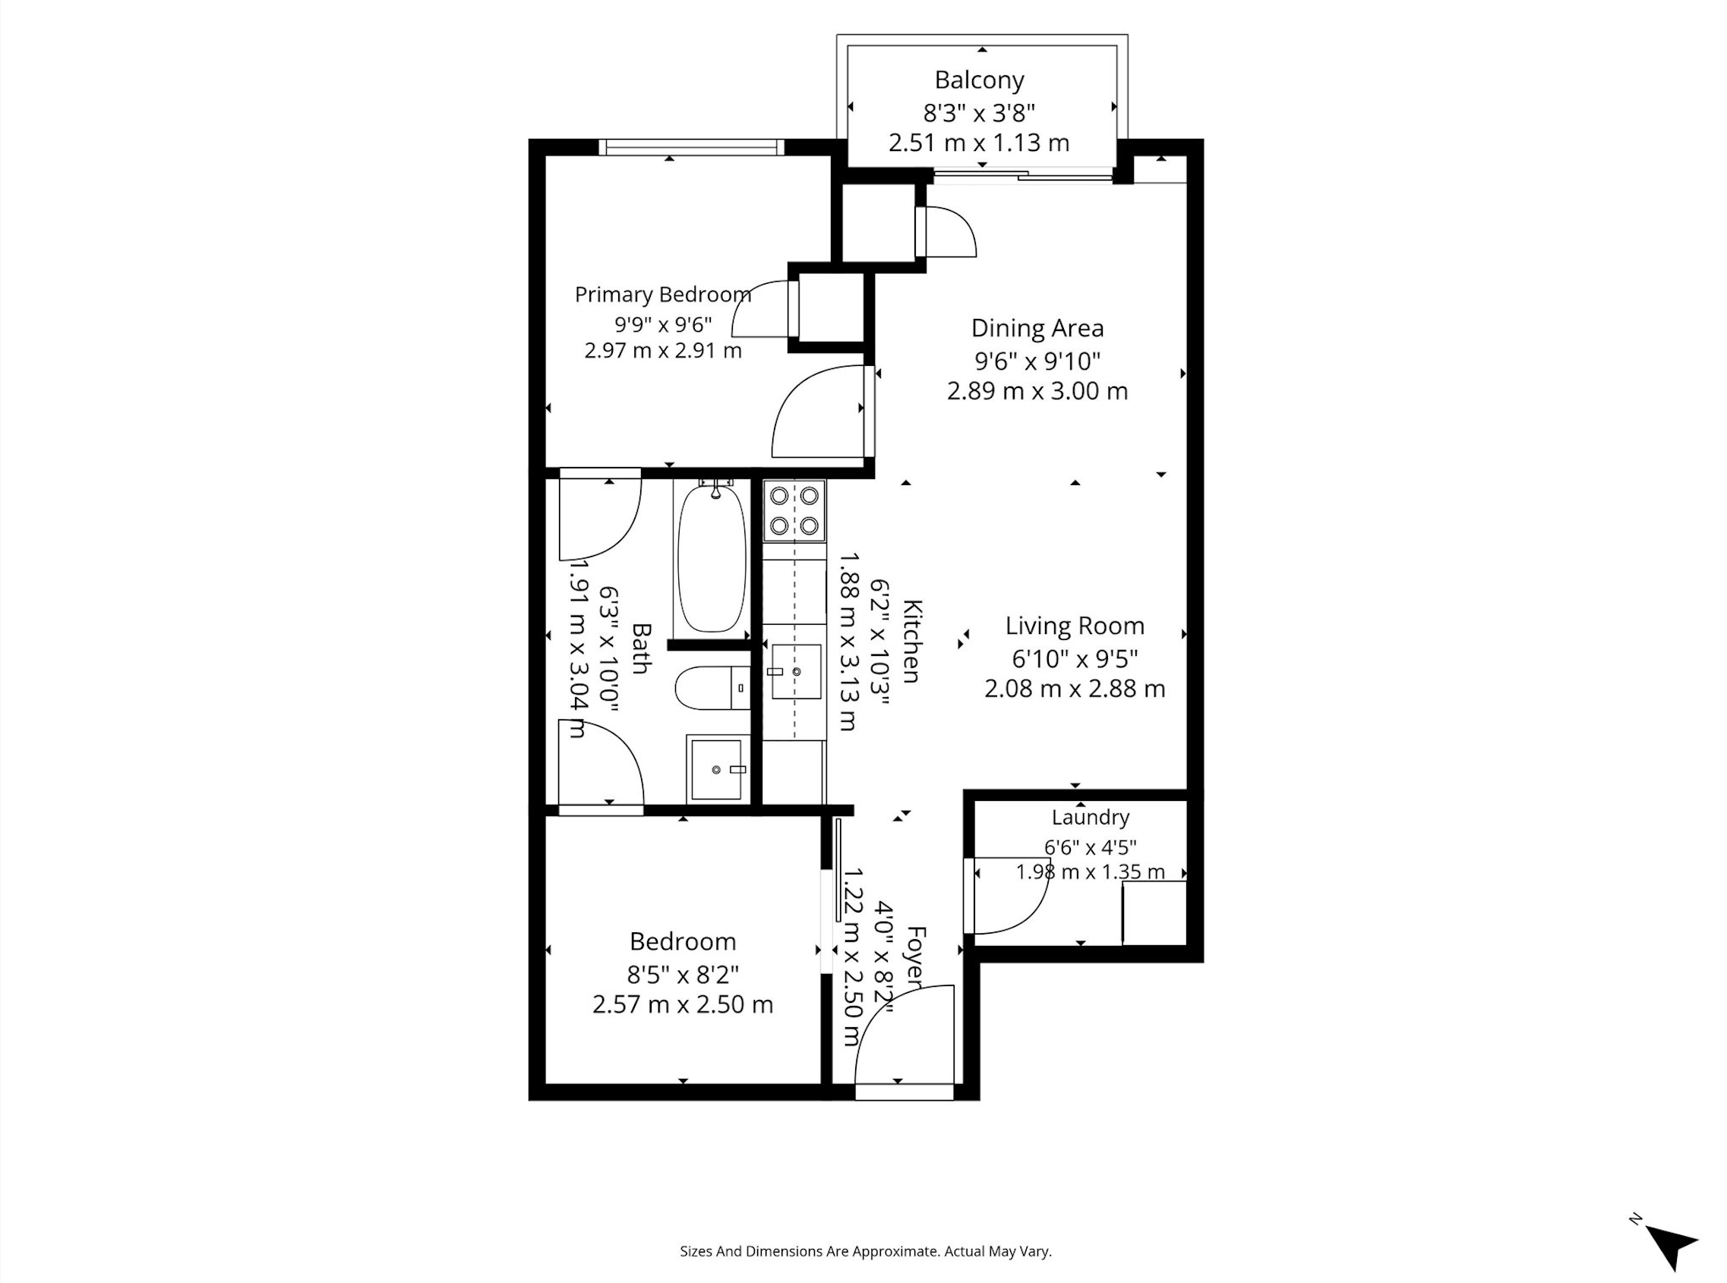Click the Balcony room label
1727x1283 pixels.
point(979,80)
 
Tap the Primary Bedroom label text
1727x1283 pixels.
point(663,295)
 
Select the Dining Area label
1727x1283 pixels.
point(1037,329)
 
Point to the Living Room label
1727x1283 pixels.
point(1075,626)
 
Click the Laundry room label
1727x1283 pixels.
point(1090,817)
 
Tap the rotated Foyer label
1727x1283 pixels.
point(917,957)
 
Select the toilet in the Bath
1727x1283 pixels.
point(712,688)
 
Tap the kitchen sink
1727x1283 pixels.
point(794,672)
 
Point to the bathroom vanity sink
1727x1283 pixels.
point(718,769)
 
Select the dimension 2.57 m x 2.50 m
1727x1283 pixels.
point(683,1005)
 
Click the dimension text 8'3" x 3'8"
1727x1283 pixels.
point(979,113)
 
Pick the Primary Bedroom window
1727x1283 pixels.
point(691,147)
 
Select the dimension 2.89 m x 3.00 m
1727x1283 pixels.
point(1037,391)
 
